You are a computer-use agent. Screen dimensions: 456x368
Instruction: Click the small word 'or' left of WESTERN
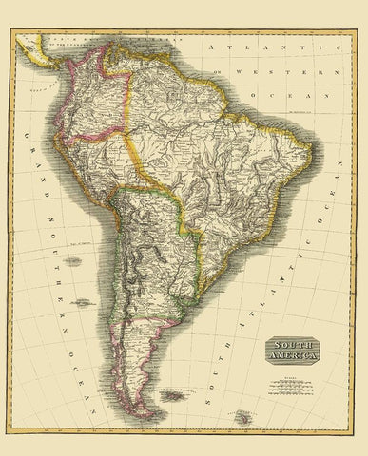tap(218, 72)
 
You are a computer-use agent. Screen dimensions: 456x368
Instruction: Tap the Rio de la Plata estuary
tap(190, 302)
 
